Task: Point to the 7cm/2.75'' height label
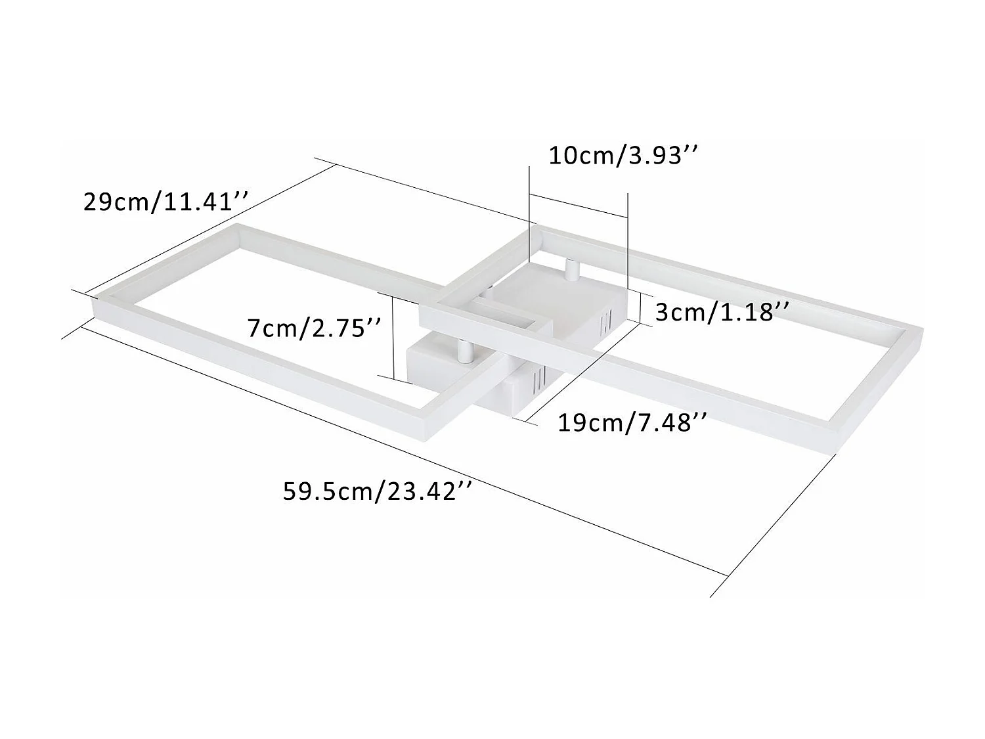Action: tap(315, 327)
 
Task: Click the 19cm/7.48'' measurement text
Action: tap(632, 422)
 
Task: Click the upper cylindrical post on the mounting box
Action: tap(571, 269)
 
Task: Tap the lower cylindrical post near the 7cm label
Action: tap(464, 351)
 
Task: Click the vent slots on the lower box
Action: tap(538, 380)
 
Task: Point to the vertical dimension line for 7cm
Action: tap(393, 336)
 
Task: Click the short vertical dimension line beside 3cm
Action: tap(640, 306)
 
